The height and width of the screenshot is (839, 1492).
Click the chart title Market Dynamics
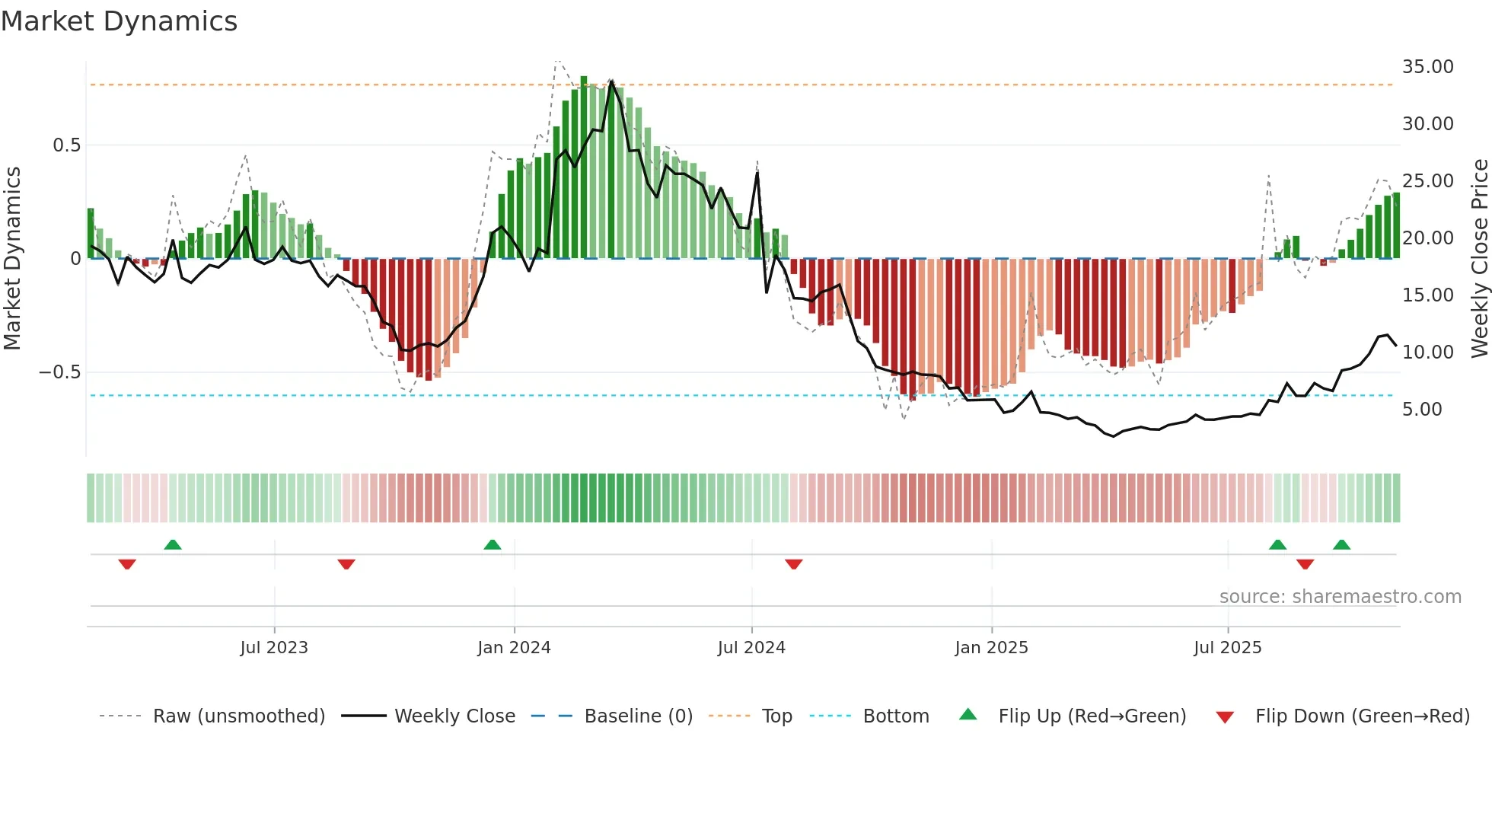pos(119,21)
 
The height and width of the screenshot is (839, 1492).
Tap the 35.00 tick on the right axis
pos(1427,67)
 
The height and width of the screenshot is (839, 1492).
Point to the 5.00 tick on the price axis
pos(1422,410)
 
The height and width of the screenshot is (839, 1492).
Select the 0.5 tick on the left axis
pos(66,145)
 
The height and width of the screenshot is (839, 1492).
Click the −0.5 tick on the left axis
pos(59,372)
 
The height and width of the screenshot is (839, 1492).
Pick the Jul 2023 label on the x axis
pos(274,648)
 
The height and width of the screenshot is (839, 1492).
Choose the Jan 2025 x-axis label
pos(991,648)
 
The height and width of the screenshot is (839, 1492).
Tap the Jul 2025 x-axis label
pos(1227,648)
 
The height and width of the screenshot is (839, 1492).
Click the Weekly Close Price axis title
pos(1479,259)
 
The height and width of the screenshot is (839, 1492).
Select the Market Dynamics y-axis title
pos(12,259)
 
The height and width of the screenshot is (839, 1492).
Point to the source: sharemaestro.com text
pos(1340,597)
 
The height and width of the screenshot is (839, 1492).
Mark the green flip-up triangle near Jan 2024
pos(493,545)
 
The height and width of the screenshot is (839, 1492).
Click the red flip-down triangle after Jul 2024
pos(793,564)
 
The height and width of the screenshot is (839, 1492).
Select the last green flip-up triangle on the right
pos(1341,545)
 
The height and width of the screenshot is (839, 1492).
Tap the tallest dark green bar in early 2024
pos(584,167)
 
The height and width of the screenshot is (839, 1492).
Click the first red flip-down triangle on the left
pos(127,564)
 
